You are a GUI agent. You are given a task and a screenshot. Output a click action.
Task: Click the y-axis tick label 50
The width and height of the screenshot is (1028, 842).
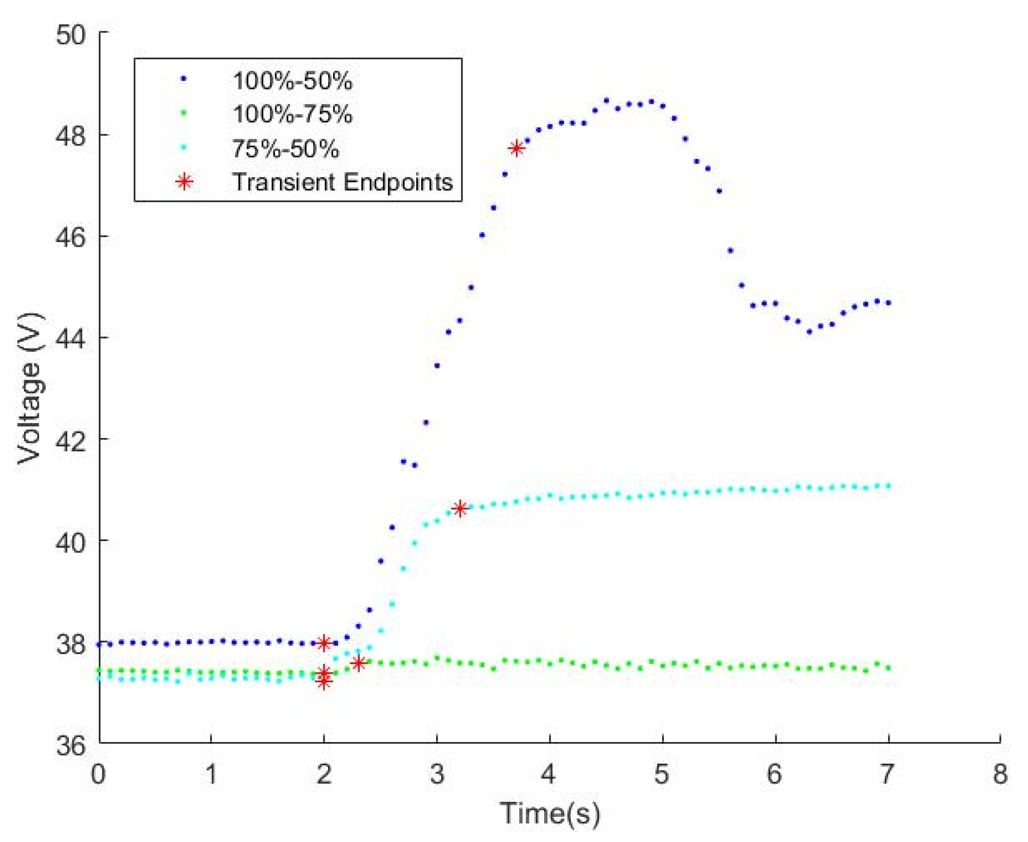point(71,35)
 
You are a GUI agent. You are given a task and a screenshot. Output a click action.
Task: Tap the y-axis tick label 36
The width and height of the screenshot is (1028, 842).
point(71,746)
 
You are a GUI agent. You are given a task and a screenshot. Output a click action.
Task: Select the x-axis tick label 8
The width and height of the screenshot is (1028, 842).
point(999,774)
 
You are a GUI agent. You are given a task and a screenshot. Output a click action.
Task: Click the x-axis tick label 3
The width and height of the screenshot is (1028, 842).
point(437,774)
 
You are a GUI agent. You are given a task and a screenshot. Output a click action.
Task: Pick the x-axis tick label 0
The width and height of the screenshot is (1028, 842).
point(98,774)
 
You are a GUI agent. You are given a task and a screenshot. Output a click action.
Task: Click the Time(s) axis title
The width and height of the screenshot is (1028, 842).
point(550,813)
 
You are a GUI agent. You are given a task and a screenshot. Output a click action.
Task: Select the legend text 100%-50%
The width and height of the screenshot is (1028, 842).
point(292,81)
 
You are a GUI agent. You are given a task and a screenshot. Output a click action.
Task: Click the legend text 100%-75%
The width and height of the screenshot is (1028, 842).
point(292,114)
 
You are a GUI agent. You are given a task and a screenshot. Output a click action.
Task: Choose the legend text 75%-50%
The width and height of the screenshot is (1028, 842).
point(285,149)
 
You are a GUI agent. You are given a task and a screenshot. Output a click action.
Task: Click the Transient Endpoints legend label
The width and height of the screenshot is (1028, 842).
point(342,182)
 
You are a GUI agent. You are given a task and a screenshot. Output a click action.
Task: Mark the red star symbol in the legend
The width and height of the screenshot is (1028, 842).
point(184,181)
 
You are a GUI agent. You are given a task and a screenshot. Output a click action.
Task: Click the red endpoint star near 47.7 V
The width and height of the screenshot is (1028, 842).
point(516,148)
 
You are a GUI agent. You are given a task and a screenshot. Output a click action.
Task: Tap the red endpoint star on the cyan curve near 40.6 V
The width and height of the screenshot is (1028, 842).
point(459,508)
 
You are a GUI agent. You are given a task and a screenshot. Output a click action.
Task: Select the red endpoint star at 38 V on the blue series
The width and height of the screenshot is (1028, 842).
point(324,643)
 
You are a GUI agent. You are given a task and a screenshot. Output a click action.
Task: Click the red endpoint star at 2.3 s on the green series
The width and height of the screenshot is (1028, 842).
point(358,663)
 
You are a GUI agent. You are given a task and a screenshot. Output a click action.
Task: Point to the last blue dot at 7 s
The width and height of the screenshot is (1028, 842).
point(888,303)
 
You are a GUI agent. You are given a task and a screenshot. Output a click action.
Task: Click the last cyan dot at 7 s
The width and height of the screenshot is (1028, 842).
point(888,486)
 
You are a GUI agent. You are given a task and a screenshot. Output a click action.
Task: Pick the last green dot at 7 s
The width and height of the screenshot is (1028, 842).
point(888,668)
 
